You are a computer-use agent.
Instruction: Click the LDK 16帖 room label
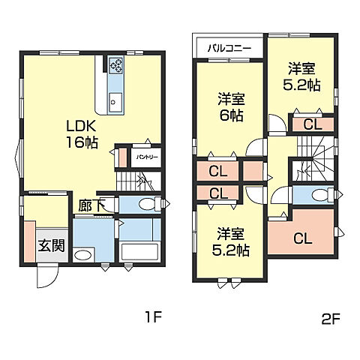(82, 134)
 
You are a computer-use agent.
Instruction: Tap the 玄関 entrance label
(52, 246)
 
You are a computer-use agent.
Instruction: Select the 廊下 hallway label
(91, 205)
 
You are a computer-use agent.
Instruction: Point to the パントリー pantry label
(147, 157)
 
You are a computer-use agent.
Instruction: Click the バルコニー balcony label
(229, 48)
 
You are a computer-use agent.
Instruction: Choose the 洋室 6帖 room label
(231, 107)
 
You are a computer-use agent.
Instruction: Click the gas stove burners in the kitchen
(115, 64)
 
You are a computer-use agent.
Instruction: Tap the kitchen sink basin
(115, 103)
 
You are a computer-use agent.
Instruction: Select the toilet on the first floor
(149, 204)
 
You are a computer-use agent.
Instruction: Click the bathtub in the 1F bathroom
(139, 252)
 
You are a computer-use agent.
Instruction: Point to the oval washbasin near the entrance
(83, 255)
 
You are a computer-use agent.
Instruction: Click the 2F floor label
(330, 318)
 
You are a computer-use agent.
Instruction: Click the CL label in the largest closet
(303, 238)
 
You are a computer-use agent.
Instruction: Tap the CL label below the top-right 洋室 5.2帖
(313, 124)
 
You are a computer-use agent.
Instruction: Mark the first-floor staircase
(139, 181)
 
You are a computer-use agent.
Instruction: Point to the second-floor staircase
(316, 158)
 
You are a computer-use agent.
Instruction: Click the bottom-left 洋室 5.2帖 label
(230, 241)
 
